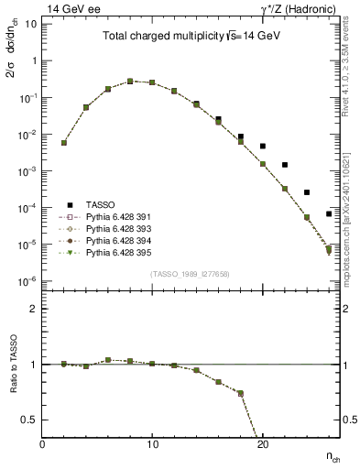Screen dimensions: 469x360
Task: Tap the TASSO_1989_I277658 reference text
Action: click(190, 274)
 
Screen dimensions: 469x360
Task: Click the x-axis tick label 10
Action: click(152, 444)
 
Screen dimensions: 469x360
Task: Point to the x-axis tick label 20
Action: click(262, 444)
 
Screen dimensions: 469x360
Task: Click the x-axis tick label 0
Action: click(42, 444)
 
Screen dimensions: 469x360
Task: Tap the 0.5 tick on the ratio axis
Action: click(29, 420)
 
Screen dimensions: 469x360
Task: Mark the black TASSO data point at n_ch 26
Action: click(328, 214)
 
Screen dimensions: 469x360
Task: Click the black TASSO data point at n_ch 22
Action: click(284, 165)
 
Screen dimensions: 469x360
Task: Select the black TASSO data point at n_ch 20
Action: click(262, 146)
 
